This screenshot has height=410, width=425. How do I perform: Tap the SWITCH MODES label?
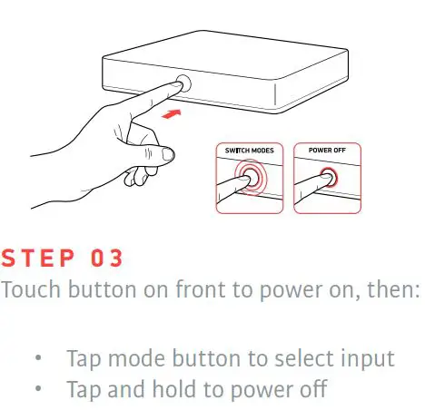click(251, 150)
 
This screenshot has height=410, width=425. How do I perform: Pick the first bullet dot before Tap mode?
click(37, 359)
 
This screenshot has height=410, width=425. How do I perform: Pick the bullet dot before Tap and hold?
click(37, 390)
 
